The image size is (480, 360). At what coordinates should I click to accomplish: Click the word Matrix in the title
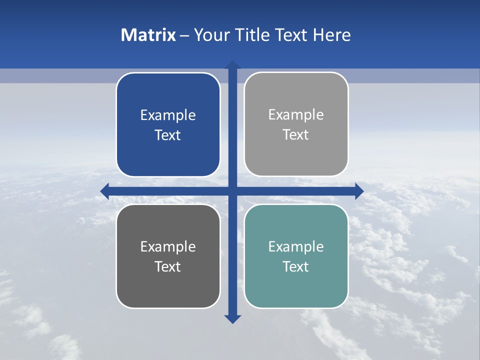pos(148,35)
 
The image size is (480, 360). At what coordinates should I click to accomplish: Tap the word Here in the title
pos(331,35)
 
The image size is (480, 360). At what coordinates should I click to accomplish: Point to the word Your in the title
pos(212,35)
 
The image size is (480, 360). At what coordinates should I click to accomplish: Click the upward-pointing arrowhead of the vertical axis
pos(232,64)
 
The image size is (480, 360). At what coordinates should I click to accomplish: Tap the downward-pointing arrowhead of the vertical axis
pos(232,319)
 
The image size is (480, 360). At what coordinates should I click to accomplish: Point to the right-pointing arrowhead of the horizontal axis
pos(359,191)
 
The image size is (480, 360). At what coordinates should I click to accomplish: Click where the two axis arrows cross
pos(232,191)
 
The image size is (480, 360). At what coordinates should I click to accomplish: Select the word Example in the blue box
pos(168,115)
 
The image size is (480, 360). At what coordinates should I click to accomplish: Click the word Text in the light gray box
pos(296,135)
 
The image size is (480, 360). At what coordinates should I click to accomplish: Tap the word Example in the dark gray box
pos(168,246)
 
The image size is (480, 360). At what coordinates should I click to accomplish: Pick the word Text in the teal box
pos(296,266)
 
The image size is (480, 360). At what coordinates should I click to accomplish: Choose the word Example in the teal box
pos(296,246)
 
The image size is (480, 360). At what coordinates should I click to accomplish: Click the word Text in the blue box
pos(168,135)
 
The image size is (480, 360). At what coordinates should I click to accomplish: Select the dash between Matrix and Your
pos(184,35)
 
